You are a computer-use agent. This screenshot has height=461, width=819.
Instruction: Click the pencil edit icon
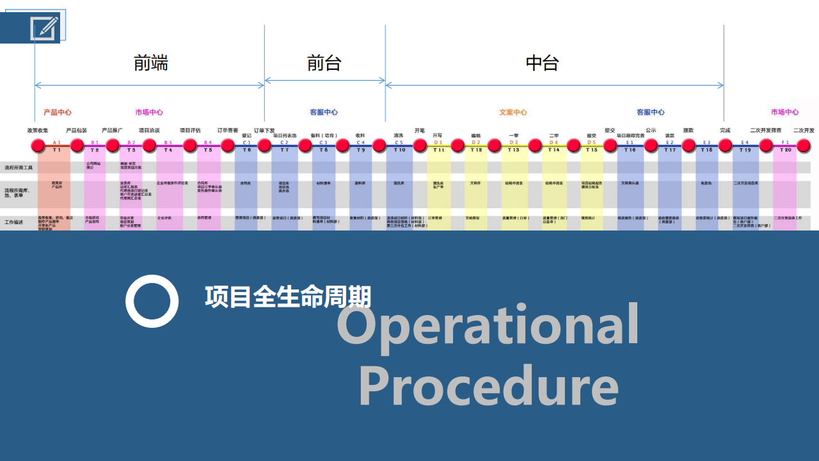coord(44,28)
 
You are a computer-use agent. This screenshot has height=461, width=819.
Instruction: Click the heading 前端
coord(151,63)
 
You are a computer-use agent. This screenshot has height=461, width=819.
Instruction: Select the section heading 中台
coord(543,63)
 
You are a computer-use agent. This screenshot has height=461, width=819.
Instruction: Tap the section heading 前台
coord(324,63)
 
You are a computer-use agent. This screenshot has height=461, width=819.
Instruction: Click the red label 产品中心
coord(58,112)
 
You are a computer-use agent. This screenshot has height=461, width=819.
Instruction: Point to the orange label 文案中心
coord(513,112)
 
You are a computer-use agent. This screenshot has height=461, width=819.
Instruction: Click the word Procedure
coord(488,385)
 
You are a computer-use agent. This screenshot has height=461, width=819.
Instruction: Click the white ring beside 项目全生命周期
coord(152,301)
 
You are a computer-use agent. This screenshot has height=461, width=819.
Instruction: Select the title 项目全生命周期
coord(288,297)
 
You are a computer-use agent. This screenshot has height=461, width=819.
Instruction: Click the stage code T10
coord(399,150)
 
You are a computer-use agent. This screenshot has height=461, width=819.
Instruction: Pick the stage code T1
coord(57,150)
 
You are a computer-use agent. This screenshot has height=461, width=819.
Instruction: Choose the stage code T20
coord(785,150)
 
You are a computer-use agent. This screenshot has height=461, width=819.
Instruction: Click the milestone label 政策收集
coord(38,130)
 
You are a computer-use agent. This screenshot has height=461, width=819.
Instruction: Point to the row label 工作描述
coord(13,222)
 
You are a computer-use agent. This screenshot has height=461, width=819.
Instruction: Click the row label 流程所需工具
coord(19,168)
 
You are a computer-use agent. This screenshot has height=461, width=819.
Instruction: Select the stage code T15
coord(591,150)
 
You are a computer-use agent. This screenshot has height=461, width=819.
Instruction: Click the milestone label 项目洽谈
coord(149,130)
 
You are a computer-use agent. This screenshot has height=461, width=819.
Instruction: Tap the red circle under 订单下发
coord(264,145)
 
